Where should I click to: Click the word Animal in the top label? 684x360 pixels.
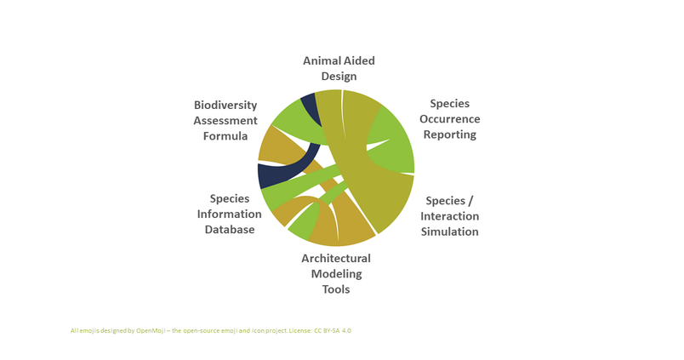pyautogui.click(x=320, y=60)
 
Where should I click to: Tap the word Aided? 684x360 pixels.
pyautogui.click(x=357, y=60)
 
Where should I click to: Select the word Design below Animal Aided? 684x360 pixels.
pyautogui.click(x=339, y=77)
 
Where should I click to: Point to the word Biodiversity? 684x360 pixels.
pyautogui.click(x=225, y=106)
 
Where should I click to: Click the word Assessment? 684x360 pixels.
pyautogui.click(x=225, y=121)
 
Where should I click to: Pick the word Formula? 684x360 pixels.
pyautogui.click(x=225, y=136)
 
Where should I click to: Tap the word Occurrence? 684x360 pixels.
pyautogui.click(x=450, y=119)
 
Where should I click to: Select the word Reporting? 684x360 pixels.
pyautogui.click(x=450, y=134)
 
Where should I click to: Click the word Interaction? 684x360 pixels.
pyautogui.click(x=450, y=216)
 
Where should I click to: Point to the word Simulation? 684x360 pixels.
pyautogui.click(x=450, y=231)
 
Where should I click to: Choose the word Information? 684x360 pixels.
pyautogui.click(x=230, y=214)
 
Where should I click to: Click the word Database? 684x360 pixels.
pyautogui.click(x=230, y=230)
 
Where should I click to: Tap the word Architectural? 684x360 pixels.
pyautogui.click(x=336, y=259)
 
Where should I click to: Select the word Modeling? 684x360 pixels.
pyautogui.click(x=336, y=275)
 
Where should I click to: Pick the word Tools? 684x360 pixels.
pyautogui.click(x=336, y=289)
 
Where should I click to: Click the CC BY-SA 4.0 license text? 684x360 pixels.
pyautogui.click(x=333, y=331)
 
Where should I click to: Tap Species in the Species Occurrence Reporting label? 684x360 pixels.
pyautogui.click(x=450, y=104)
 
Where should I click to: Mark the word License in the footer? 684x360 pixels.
pyautogui.click(x=300, y=331)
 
